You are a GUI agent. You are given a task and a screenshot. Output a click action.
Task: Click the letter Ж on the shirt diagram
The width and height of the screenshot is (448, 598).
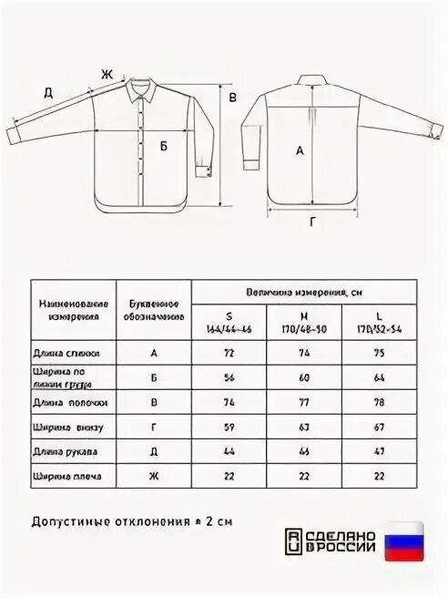pos(106,75)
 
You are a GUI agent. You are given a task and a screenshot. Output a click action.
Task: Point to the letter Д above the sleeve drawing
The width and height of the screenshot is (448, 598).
pos(47,91)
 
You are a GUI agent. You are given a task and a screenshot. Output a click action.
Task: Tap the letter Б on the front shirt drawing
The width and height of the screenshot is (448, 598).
pos(164,146)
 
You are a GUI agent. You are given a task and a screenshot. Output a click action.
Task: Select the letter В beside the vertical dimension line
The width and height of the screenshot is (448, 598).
pos(232,98)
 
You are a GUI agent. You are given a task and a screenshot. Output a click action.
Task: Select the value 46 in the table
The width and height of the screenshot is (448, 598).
pos(303,451)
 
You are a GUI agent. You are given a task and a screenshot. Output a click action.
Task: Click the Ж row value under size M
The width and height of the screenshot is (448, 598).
pos(303,476)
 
